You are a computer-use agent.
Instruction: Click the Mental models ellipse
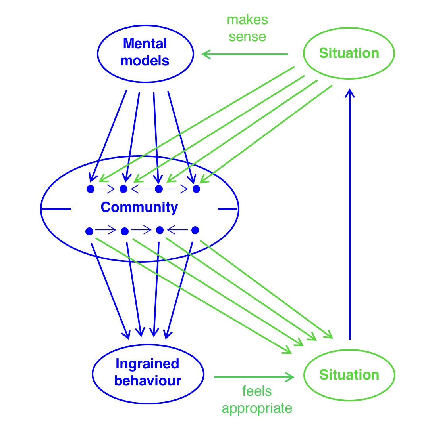click(x=145, y=53)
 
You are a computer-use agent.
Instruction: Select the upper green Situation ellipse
click(x=349, y=53)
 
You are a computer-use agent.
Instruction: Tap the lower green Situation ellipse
click(x=349, y=375)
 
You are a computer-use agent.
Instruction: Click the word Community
click(x=139, y=207)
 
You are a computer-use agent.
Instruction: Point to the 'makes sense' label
click(x=247, y=28)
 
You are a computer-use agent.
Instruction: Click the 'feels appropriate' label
click(x=257, y=400)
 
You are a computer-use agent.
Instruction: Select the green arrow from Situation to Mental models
click(x=245, y=54)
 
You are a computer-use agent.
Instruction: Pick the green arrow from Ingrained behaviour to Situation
click(x=254, y=377)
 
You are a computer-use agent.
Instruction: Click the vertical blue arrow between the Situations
click(x=350, y=214)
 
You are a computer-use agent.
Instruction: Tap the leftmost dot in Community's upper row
click(x=91, y=189)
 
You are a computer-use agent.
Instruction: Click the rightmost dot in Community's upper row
click(x=196, y=189)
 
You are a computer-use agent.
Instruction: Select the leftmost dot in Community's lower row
click(x=89, y=231)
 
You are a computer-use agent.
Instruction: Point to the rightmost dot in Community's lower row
click(x=195, y=230)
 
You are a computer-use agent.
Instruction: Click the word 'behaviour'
click(x=148, y=381)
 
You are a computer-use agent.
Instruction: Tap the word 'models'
click(x=145, y=61)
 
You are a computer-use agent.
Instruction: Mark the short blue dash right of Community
click(x=227, y=209)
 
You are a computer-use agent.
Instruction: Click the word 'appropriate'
click(x=257, y=408)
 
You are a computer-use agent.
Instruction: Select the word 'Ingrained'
click(x=148, y=364)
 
